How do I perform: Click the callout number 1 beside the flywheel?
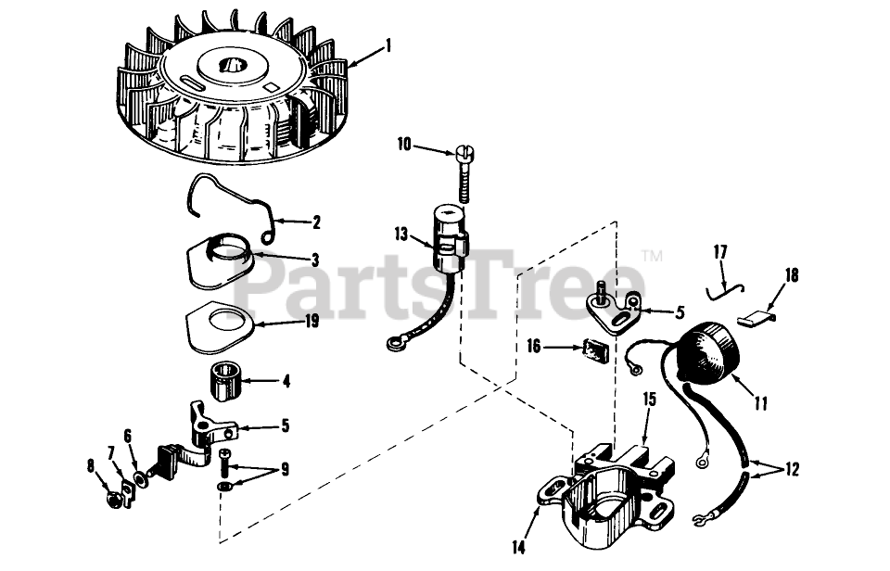pyautogui.click(x=388, y=46)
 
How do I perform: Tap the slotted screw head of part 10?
pyautogui.click(x=464, y=152)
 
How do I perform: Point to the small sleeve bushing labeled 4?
pyautogui.click(x=224, y=384)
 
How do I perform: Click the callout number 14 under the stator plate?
pyautogui.click(x=519, y=547)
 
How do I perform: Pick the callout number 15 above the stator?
pyautogui.click(x=650, y=400)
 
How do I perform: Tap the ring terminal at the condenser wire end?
pyautogui.click(x=393, y=343)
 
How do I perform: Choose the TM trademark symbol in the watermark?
pyautogui.click(x=655, y=256)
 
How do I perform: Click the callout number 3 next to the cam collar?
pyautogui.click(x=315, y=260)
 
